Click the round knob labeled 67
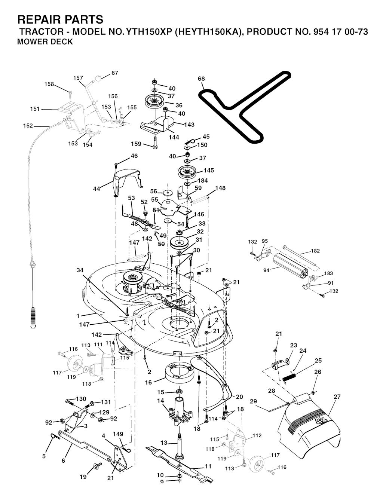click(98, 79)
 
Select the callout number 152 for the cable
click(28, 126)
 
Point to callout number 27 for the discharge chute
click(337, 397)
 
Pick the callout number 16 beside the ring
click(148, 383)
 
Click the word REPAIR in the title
click(41, 19)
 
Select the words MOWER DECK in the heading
click(45, 42)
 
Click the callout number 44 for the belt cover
click(96, 189)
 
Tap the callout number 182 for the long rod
click(315, 251)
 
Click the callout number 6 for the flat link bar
click(63, 461)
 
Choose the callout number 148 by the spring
click(220, 188)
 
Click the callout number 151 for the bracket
click(35, 109)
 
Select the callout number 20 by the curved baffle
click(239, 397)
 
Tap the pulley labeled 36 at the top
click(154, 101)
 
